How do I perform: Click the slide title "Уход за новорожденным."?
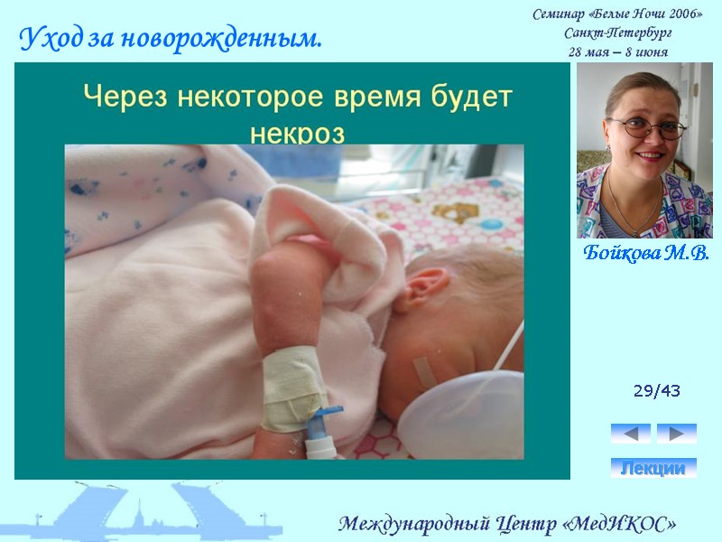click(x=171, y=39)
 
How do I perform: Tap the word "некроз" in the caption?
click(x=297, y=132)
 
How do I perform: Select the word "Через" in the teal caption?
click(x=118, y=96)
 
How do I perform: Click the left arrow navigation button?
click(x=630, y=434)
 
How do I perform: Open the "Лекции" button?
click(x=653, y=468)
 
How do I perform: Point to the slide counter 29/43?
click(x=657, y=391)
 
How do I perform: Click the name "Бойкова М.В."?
click(x=645, y=253)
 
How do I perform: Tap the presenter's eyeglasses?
click(x=647, y=127)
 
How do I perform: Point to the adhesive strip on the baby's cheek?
click(x=424, y=369)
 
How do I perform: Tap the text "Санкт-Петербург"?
click(x=618, y=33)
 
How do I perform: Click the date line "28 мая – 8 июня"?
click(x=618, y=51)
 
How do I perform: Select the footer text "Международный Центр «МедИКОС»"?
click(x=507, y=524)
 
